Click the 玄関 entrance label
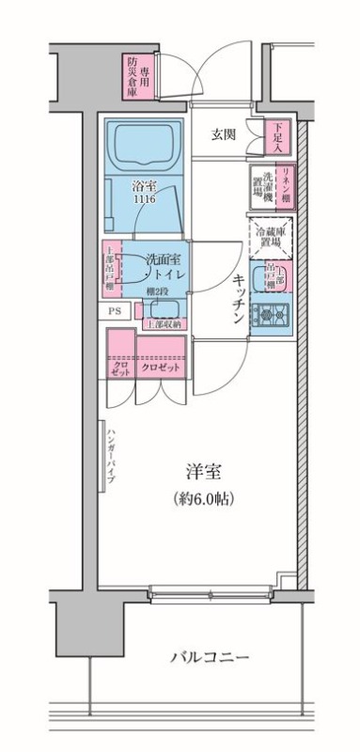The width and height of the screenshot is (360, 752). [x=223, y=133]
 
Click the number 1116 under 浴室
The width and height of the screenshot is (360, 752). [x=144, y=200]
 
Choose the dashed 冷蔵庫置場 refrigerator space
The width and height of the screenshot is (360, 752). [x=270, y=232]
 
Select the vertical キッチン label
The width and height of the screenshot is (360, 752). [x=239, y=298]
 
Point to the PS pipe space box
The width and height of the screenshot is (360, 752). [x=115, y=309]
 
